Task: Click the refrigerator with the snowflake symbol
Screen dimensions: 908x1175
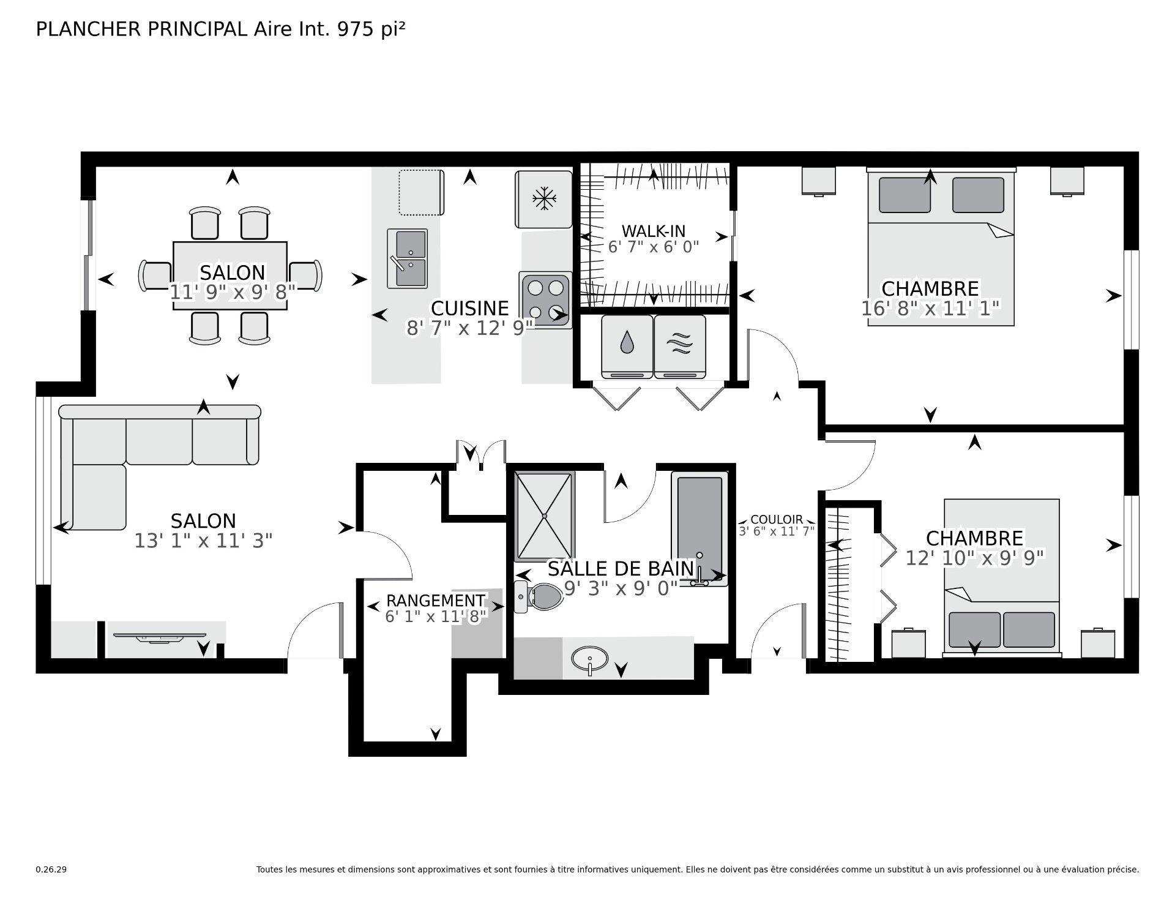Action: [543, 200]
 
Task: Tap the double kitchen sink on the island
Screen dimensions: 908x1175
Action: [407, 258]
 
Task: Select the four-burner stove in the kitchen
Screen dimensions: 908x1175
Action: [545, 299]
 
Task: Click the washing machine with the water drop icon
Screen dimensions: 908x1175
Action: [627, 346]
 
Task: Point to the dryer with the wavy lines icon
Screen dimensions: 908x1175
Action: [680, 346]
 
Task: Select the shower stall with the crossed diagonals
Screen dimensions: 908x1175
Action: [544, 516]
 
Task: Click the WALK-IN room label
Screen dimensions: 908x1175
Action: [653, 231]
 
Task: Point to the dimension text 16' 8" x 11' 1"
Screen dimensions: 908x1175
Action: [930, 308]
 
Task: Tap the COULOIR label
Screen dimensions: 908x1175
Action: [776, 520]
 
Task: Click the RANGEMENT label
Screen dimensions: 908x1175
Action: [435, 601]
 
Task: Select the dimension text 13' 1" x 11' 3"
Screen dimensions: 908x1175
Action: [203, 541]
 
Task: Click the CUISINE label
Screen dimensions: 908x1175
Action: [469, 307]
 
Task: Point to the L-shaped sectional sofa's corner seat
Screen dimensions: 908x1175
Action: [98, 496]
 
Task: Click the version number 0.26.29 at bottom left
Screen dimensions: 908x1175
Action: [51, 869]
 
